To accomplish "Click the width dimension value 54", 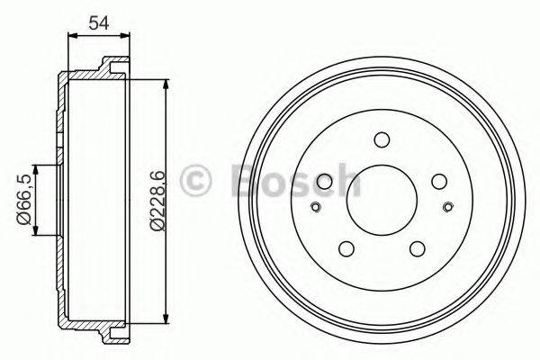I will pos(98,22).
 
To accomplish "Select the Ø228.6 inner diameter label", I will pos(156,200).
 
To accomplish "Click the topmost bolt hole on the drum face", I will pos(382,139).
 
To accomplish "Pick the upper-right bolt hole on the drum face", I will pos(438,181).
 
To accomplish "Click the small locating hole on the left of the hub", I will pos(314,209).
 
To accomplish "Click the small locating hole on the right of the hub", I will pos(449,209).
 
